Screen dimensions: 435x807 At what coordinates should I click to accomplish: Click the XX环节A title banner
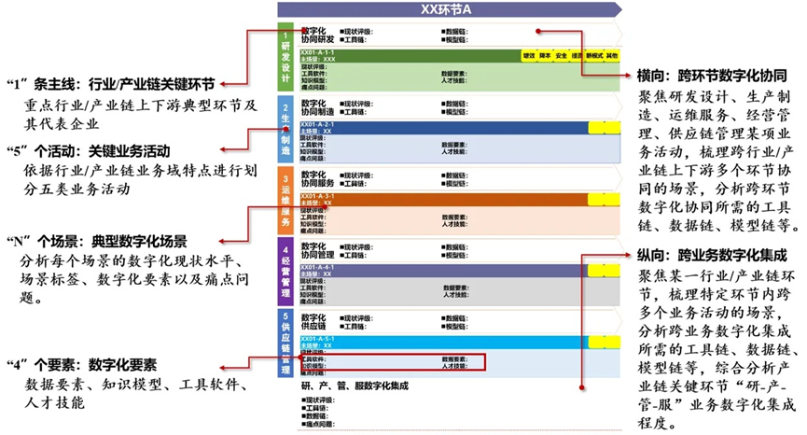(x=448, y=10)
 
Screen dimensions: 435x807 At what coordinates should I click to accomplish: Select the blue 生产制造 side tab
(x=285, y=130)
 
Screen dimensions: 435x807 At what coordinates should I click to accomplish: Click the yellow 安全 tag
(x=562, y=56)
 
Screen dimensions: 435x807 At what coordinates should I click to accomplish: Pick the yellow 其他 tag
(x=611, y=56)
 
